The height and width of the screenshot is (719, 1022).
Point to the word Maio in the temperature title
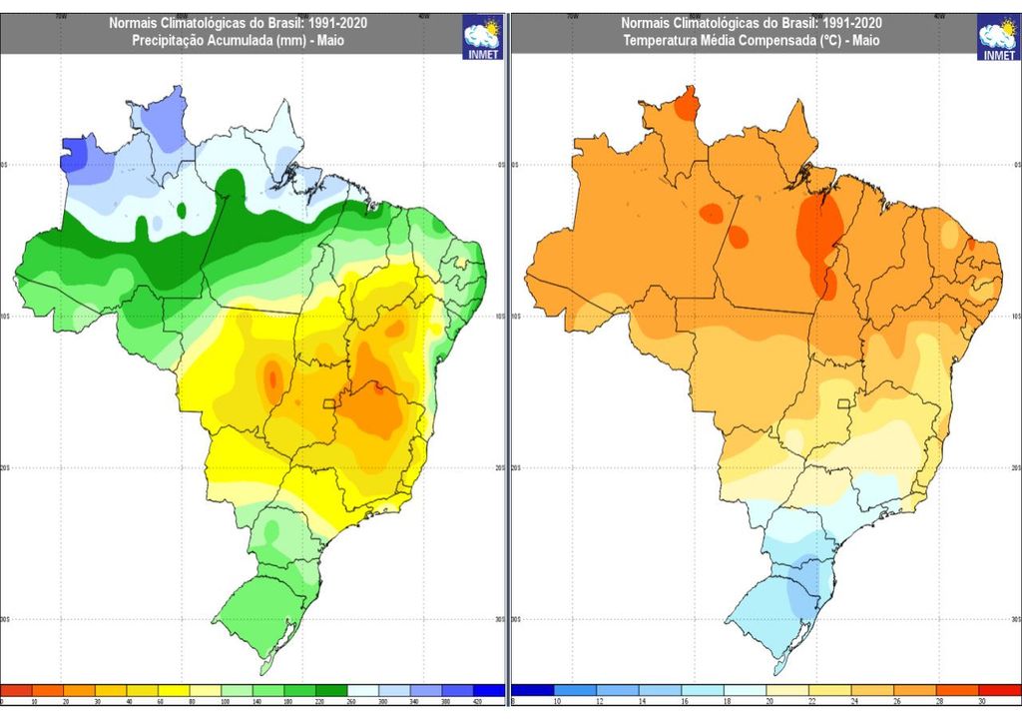pyautogui.click(x=863, y=40)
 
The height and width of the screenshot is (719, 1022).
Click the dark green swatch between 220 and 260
pyautogui.click(x=332, y=690)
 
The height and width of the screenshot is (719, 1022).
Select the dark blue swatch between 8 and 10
pyautogui.click(x=533, y=690)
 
